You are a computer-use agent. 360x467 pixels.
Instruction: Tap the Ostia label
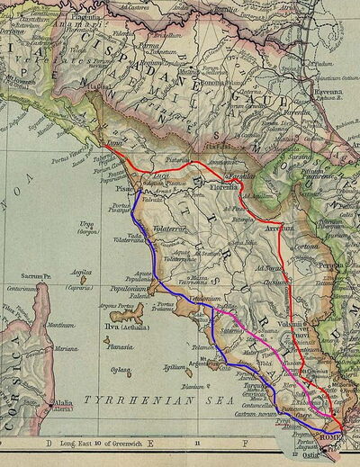(340, 456)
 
